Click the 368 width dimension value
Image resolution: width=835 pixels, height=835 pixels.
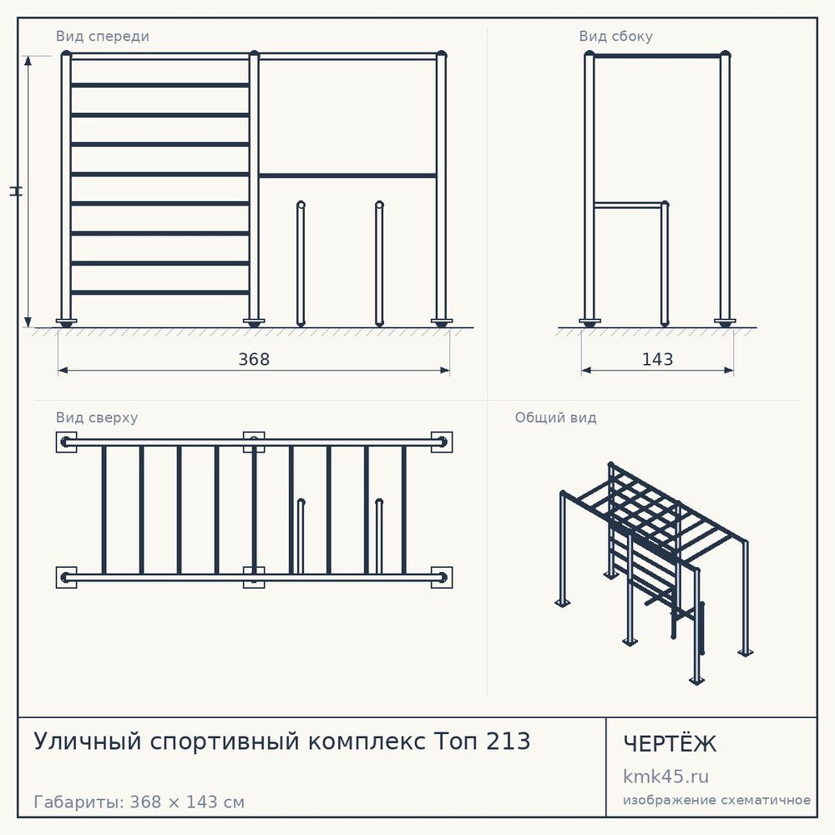[254, 359]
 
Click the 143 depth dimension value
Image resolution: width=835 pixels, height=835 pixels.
[657, 359]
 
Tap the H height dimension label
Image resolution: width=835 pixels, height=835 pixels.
[16, 191]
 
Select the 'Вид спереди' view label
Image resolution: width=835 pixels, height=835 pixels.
[102, 36]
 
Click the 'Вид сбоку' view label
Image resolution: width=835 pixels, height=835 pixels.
[615, 36]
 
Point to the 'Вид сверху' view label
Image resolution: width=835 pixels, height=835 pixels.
[97, 417]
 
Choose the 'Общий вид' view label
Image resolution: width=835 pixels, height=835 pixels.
[555, 417]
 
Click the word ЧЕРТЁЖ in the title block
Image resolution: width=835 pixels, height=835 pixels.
[670, 743]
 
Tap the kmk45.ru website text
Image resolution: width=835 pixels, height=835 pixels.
[665, 777]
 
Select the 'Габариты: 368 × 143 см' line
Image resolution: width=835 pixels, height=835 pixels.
[139, 802]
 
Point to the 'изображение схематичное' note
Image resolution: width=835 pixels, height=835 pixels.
[716, 800]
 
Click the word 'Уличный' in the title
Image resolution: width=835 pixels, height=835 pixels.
[88, 741]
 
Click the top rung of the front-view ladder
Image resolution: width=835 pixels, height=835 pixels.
[159, 85]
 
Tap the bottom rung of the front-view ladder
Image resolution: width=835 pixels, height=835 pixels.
[159, 292]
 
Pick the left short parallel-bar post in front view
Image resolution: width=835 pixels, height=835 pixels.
[301, 264]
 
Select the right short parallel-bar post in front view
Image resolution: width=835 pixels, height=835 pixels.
[379, 264]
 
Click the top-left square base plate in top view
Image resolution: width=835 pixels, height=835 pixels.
[66, 442]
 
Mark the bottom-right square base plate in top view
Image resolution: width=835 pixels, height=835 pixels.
[442, 577]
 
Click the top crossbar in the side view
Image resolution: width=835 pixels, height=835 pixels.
[657, 55]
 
